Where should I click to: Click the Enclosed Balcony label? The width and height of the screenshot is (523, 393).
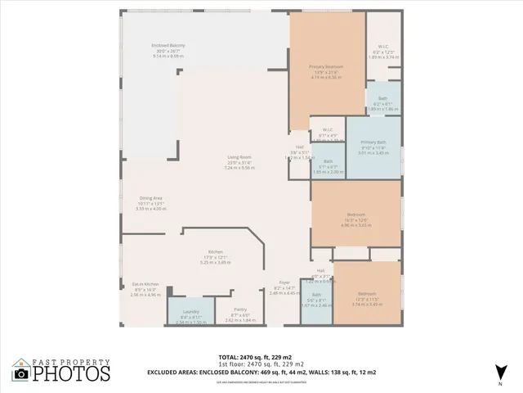click(168, 45)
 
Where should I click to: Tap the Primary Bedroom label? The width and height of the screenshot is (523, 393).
click(325, 66)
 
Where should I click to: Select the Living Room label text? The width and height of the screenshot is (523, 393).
click(239, 157)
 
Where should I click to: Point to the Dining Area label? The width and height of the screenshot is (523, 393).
click(150, 198)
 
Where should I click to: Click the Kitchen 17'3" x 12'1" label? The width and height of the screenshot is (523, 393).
click(216, 252)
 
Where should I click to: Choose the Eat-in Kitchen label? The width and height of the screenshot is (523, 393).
click(146, 284)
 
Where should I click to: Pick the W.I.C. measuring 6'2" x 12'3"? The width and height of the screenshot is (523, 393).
click(382, 47)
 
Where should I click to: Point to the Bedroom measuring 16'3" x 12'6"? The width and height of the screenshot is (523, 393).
click(355, 215)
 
